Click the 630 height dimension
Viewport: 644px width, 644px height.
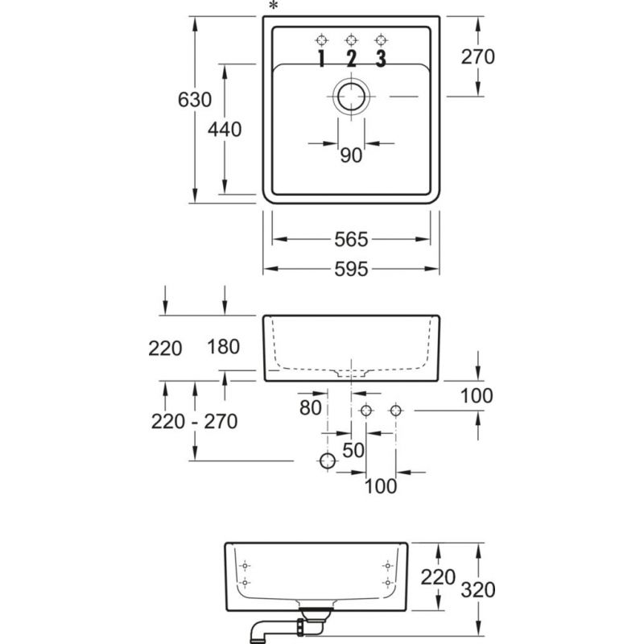pos(194,100)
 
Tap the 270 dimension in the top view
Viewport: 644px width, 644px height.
pos(477,56)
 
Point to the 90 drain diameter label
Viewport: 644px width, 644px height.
pos(351,155)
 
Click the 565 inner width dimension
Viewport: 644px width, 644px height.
pos(350,239)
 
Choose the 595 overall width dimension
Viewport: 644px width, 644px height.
pos(350,270)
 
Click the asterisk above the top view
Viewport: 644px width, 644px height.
pos(274,7)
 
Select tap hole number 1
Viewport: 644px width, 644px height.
pos(321,58)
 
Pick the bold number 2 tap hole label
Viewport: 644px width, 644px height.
pos(351,58)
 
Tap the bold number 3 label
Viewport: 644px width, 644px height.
pos(381,58)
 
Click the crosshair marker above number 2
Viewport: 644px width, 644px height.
pos(351,39)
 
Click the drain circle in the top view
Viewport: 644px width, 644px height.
pos(352,97)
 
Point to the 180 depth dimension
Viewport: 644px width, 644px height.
pos(224,348)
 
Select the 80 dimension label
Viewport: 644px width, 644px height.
pos(311,408)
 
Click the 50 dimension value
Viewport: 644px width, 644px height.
pos(353,451)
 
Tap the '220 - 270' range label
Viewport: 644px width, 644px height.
pos(194,420)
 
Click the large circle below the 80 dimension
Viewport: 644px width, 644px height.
pos(327,461)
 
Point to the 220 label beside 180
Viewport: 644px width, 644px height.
pos(165,348)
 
